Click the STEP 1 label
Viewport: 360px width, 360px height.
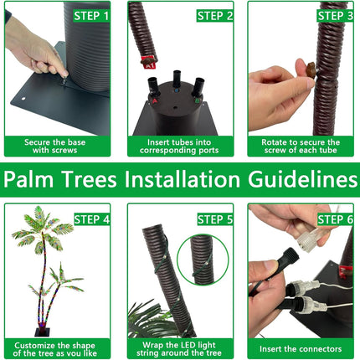pyautogui.click(x=91, y=16)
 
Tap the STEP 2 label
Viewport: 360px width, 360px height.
pyautogui.click(x=215, y=16)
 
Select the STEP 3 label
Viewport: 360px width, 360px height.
pyautogui.click(x=335, y=16)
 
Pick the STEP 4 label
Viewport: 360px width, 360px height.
pyautogui.click(x=92, y=219)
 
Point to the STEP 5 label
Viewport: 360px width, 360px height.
pyautogui.click(x=215, y=219)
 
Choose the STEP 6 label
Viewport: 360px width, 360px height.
pyautogui.click(x=335, y=219)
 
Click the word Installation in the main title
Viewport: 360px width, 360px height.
pyautogui.click(x=183, y=179)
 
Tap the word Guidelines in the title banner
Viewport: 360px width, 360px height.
pyautogui.click(x=302, y=179)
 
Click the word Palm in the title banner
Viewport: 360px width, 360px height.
pyautogui.click(x=28, y=179)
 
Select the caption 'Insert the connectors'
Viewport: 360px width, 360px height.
pyautogui.click(x=301, y=349)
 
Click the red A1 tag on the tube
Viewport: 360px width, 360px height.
pyautogui.click(x=148, y=62)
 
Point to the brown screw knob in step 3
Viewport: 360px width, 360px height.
pyautogui.click(x=311, y=70)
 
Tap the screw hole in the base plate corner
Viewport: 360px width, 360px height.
pyautogui.click(x=23, y=99)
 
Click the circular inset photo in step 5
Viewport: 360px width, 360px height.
pyautogui.click(x=203, y=260)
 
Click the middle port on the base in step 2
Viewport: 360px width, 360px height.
pyautogui.click(x=177, y=79)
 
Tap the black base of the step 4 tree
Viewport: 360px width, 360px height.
pyautogui.click(x=43, y=332)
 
